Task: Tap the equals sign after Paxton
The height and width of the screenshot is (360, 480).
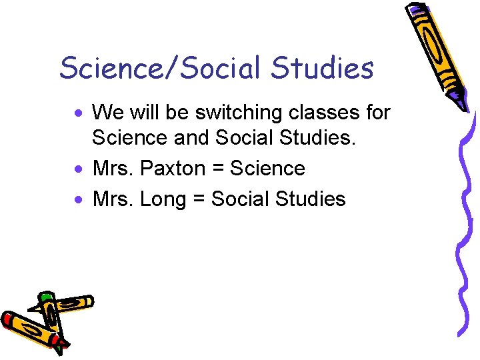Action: coord(218,169)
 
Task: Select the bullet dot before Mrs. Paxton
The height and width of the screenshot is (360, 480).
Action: coord(79,168)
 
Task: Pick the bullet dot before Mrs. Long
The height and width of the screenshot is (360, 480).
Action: coord(79,198)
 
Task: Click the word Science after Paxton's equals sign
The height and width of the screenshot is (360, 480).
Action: coord(267,169)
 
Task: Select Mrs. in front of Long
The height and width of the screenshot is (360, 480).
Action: coord(114,199)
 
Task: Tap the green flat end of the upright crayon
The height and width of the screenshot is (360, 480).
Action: coord(45,297)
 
